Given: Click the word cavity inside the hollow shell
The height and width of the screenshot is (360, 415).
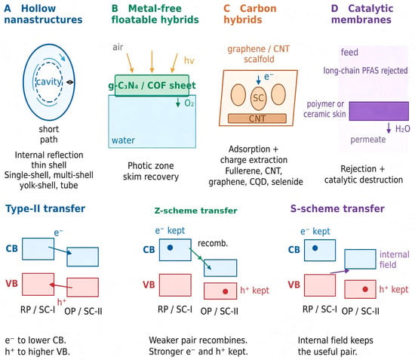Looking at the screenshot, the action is [49, 82].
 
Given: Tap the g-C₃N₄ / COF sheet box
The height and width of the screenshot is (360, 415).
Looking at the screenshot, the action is [152, 85].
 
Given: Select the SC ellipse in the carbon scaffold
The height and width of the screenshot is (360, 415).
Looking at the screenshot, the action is [258, 98].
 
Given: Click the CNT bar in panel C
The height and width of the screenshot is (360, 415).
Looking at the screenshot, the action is [257, 118].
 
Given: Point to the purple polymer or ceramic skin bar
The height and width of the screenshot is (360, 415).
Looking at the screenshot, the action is [379, 111].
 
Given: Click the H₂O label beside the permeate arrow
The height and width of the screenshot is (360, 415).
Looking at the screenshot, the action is [403, 129].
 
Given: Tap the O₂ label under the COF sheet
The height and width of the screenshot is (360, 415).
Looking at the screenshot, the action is [189, 103].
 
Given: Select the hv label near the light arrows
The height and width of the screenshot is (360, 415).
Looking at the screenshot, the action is [189, 60].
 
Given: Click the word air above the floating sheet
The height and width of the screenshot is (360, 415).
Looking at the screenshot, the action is [118, 47].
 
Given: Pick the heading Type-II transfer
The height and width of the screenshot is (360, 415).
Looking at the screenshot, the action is [45, 208].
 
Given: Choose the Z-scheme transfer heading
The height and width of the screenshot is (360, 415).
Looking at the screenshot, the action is [196, 211].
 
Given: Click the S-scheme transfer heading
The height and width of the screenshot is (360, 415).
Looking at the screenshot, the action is [337, 208].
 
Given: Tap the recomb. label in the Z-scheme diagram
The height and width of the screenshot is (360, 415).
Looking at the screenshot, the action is [213, 243].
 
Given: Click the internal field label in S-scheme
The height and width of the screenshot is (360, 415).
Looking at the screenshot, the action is [395, 260].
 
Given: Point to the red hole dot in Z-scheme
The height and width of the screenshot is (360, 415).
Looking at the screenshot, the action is [226, 291].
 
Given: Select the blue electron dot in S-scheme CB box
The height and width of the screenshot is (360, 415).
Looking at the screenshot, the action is [315, 248].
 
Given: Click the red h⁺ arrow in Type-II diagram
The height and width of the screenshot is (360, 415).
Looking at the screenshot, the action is [61, 286].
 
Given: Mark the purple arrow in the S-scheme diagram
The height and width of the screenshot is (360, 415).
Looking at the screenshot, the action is [340, 272].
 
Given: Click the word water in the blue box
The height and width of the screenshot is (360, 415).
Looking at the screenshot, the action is [123, 140].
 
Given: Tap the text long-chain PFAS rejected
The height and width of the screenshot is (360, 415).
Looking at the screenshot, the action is [365, 71].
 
